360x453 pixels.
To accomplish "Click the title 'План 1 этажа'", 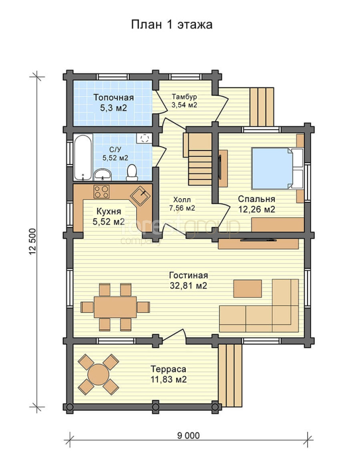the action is (x=172, y=25).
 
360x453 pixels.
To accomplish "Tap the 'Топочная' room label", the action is (x=114, y=97).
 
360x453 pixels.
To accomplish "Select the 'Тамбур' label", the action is (x=184, y=96).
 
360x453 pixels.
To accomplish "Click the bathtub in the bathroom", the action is (x=83, y=158).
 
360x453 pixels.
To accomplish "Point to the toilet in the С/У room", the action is (x=132, y=173).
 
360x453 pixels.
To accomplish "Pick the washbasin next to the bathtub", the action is (x=103, y=175).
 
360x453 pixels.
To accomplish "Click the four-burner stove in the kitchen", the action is (x=101, y=192).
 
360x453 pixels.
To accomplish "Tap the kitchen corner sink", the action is (x=140, y=196).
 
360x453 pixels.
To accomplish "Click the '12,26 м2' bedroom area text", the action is (x=257, y=209).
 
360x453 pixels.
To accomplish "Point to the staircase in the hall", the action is (x=200, y=160).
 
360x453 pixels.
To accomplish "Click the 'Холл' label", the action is (x=182, y=199).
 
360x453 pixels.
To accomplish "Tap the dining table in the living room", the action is (x=115, y=307).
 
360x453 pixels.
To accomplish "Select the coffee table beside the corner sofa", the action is (x=248, y=288).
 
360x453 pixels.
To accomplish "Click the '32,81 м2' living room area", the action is (x=188, y=286).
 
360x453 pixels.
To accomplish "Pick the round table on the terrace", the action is (x=99, y=374).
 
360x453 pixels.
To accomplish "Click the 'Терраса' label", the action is (x=169, y=369).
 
